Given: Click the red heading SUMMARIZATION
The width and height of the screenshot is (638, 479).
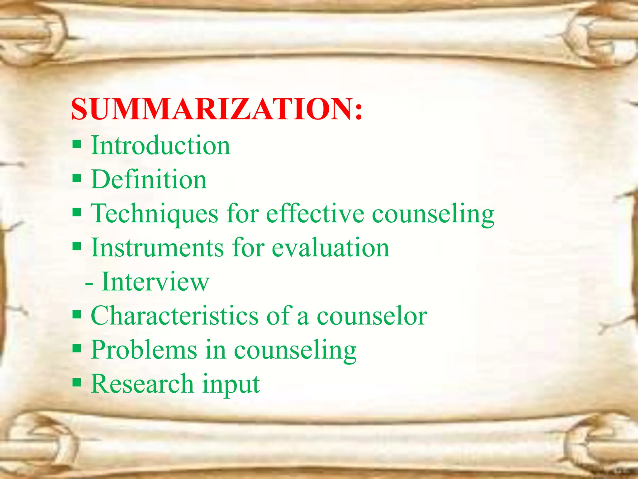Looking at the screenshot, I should tap(212, 109).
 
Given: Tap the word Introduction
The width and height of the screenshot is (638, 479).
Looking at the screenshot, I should tap(160, 146).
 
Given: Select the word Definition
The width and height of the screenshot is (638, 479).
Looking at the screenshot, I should tap(149, 180).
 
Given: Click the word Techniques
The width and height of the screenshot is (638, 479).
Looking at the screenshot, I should tap(154, 214).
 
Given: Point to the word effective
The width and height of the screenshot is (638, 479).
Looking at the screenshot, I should tap(315, 214).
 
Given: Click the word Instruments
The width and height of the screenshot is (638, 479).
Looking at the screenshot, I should tap(157, 248).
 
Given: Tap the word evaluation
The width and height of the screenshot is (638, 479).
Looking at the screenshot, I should tap(330, 248).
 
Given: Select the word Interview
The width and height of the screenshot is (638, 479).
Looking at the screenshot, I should tap(155, 282).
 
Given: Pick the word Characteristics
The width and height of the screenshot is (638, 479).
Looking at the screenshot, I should tap(174, 316).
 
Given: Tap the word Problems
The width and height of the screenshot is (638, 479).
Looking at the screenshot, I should tap(144, 350).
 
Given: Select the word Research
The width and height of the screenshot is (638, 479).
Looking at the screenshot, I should tap(142, 384).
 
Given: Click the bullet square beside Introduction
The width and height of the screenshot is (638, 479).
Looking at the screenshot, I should tap(77, 144).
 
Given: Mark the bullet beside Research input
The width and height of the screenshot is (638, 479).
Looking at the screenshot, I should tap(77, 382).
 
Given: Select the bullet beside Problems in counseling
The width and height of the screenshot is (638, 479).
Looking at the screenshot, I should tap(77, 348).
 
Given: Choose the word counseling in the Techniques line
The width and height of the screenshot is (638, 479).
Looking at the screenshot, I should tap(433, 215).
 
